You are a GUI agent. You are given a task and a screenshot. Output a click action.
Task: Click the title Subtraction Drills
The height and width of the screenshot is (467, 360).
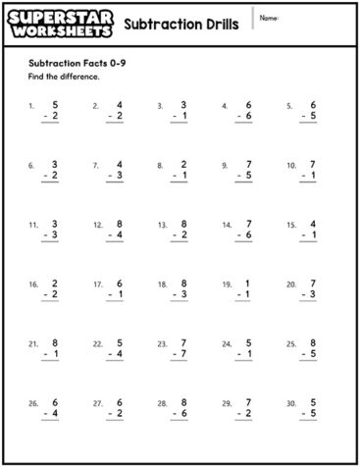[182, 23]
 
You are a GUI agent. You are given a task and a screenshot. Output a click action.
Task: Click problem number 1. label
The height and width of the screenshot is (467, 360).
[32, 104]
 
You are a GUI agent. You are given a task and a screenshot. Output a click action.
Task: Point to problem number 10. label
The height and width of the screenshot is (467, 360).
[291, 165]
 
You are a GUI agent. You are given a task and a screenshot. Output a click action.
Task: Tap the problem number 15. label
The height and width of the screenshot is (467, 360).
[291, 225]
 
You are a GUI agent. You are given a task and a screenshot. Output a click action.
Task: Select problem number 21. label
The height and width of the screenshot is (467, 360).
[33, 344]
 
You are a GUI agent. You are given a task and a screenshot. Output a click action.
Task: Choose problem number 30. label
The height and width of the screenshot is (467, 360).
[291, 403]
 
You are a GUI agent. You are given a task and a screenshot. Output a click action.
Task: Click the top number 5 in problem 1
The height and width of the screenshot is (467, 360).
[56, 103]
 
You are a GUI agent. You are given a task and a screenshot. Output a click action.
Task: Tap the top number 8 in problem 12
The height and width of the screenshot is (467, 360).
[120, 224]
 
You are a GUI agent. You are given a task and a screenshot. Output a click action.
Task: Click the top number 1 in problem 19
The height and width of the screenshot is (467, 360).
[248, 283]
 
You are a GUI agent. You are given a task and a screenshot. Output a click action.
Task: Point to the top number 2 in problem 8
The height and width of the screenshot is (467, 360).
[183, 164]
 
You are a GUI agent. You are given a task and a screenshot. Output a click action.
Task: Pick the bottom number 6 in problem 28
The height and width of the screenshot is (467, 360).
[183, 414]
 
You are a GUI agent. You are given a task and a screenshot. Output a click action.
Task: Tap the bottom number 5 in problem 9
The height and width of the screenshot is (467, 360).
[248, 176]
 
